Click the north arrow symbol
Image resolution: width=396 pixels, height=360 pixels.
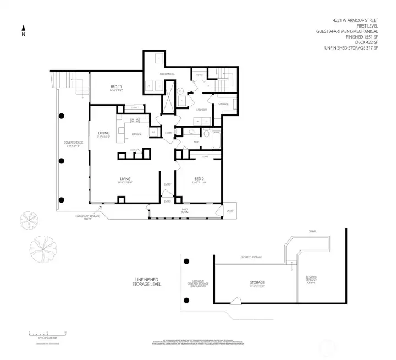pyautogui.click(x=23, y=28)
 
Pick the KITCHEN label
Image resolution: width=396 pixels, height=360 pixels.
pyautogui.click(x=136, y=134)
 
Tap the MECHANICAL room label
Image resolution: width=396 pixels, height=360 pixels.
pyautogui.click(x=167, y=74)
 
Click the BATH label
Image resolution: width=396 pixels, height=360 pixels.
pyautogui.click(x=196, y=142)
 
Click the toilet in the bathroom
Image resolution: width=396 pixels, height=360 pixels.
pyautogui.click(x=206, y=134)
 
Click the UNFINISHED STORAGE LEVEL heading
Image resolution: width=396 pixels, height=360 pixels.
pyautogui.click(x=147, y=282)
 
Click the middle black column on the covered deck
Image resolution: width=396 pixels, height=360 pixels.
pyautogui.click(x=62, y=161)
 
